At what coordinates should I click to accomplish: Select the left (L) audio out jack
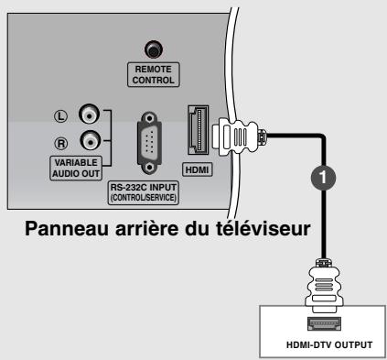88,115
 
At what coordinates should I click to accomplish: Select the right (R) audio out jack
88,142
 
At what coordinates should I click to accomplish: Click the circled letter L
59,116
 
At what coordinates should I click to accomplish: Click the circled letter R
59,143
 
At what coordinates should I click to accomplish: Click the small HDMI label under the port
197,169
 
